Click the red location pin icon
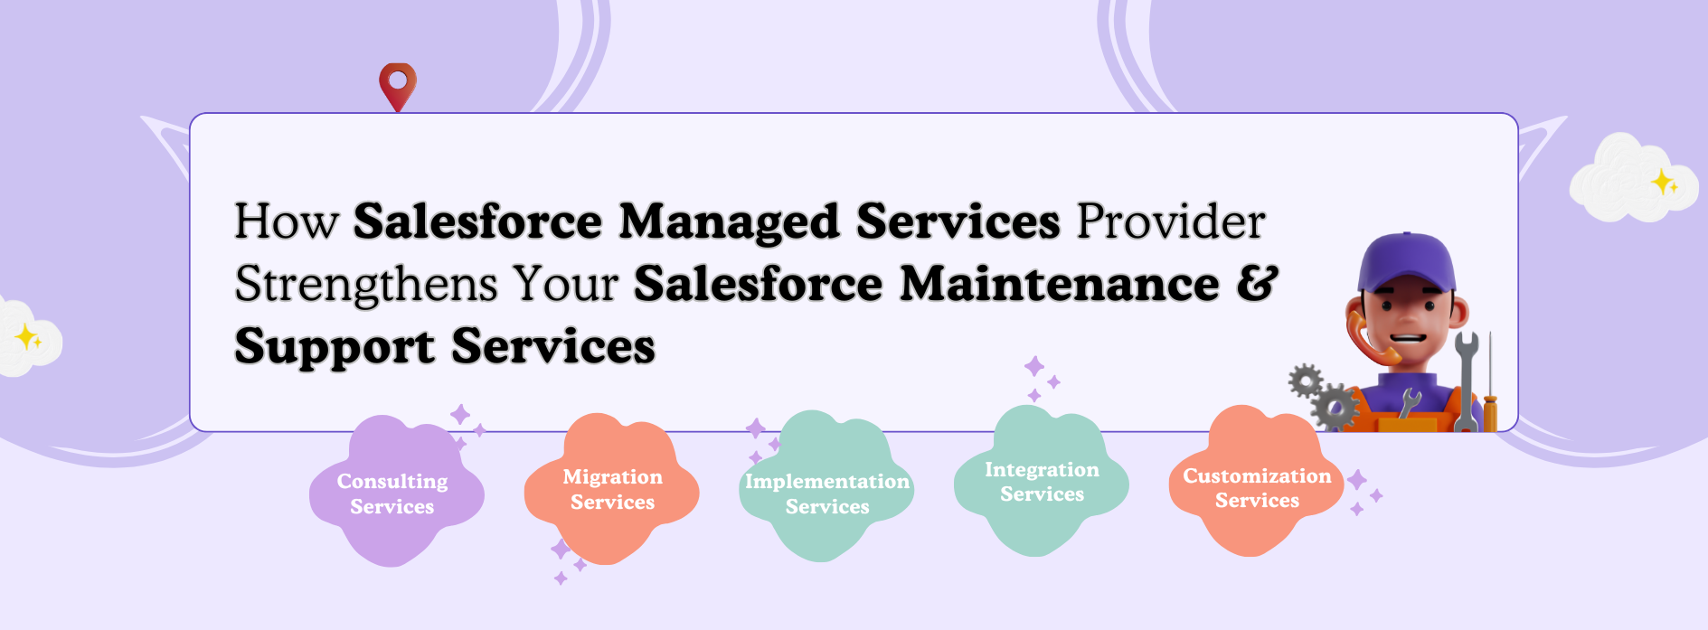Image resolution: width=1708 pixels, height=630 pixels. pos(398,85)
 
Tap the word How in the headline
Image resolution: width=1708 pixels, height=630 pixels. pos(287,221)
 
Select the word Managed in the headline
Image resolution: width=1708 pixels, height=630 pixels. pos(730,223)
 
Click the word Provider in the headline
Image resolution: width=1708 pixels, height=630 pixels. pos(1171,221)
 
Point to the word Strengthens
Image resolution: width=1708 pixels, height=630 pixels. pos(366,286)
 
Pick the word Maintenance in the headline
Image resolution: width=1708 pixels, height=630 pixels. pos(1060,284)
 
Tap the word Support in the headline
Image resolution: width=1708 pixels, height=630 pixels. pos(335,348)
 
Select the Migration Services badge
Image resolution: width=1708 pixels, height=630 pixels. pos(612,489)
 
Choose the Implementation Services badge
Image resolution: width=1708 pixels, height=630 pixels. pos(826,487)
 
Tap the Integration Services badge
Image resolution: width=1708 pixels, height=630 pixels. pos(1042,482)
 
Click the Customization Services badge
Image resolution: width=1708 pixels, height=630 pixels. pos(1257,482)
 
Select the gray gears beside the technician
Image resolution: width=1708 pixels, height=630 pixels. pos(1323,396)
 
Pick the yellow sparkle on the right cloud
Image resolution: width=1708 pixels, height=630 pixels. pos(1665,183)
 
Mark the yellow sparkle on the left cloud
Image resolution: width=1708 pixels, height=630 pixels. pos(28,337)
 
